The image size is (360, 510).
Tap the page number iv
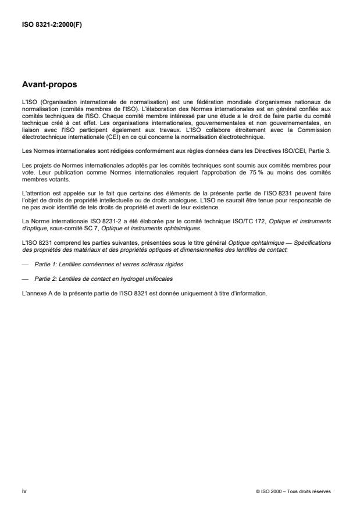point(23,491)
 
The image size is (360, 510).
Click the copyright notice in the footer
point(293,491)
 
